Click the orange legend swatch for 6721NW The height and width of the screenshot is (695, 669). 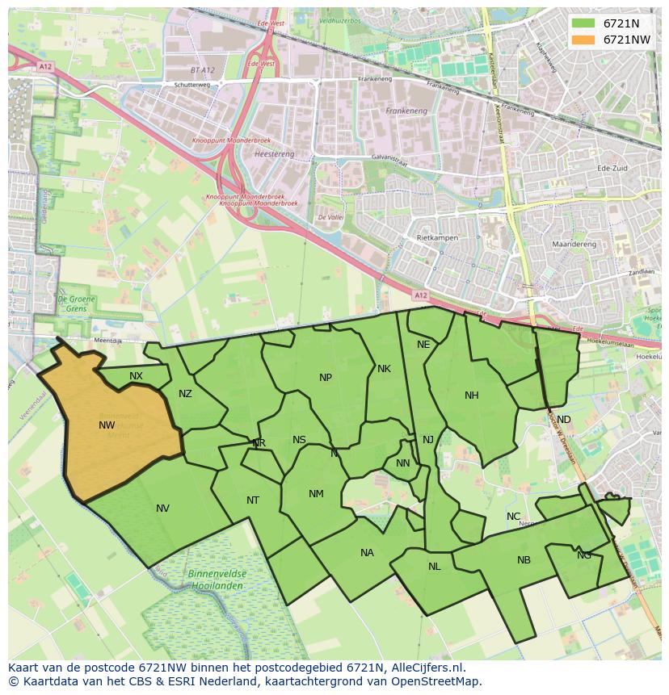pyautogui.click(x=583, y=40)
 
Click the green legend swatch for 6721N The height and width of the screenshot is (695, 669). pyautogui.click(x=583, y=23)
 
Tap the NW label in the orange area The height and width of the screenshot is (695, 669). pyautogui.click(x=107, y=425)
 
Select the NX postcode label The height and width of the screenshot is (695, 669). pyautogui.click(x=136, y=376)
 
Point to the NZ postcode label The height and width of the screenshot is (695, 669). pyautogui.click(x=186, y=394)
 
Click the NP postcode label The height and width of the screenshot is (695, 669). pyautogui.click(x=326, y=378)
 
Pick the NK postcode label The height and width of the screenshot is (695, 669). pyautogui.click(x=384, y=369)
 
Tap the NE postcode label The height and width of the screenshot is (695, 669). pyautogui.click(x=423, y=345)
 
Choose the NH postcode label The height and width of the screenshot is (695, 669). pyautogui.click(x=472, y=396)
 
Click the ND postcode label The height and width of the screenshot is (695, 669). pyautogui.click(x=564, y=420)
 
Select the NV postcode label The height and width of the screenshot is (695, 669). pyautogui.click(x=163, y=509)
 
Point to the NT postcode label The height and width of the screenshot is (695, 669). pyautogui.click(x=253, y=500)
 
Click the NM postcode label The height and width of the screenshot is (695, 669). pyautogui.click(x=316, y=494)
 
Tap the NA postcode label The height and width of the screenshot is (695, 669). pyautogui.click(x=368, y=553)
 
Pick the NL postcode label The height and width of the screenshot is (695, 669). pyautogui.click(x=435, y=567)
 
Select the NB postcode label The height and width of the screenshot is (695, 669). pyautogui.click(x=524, y=560)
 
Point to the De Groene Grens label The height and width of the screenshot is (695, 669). pyautogui.click(x=72, y=304)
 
